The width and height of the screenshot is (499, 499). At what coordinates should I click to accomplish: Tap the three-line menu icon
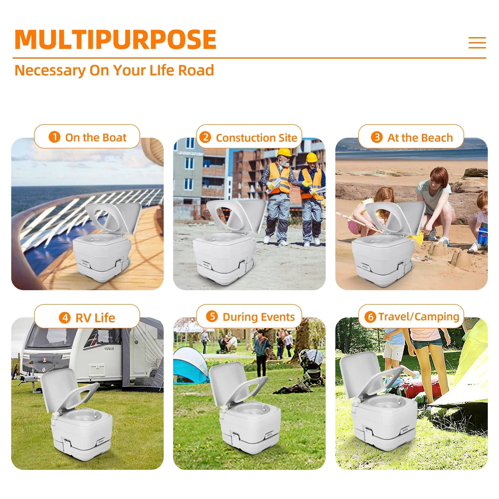477,43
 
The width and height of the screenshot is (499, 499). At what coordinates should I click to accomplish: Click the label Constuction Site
256,138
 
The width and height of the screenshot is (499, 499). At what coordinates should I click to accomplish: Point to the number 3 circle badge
377,137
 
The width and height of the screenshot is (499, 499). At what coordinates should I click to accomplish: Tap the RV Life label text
95,318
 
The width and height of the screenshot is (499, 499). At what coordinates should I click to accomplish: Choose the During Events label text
258,317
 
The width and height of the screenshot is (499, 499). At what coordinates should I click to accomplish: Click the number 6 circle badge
370,317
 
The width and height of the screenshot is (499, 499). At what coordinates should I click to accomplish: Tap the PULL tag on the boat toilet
85,264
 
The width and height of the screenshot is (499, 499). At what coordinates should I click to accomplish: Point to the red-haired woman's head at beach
439,178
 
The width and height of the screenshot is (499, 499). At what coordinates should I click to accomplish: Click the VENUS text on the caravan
109,349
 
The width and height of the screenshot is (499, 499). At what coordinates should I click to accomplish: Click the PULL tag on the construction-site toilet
206,265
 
